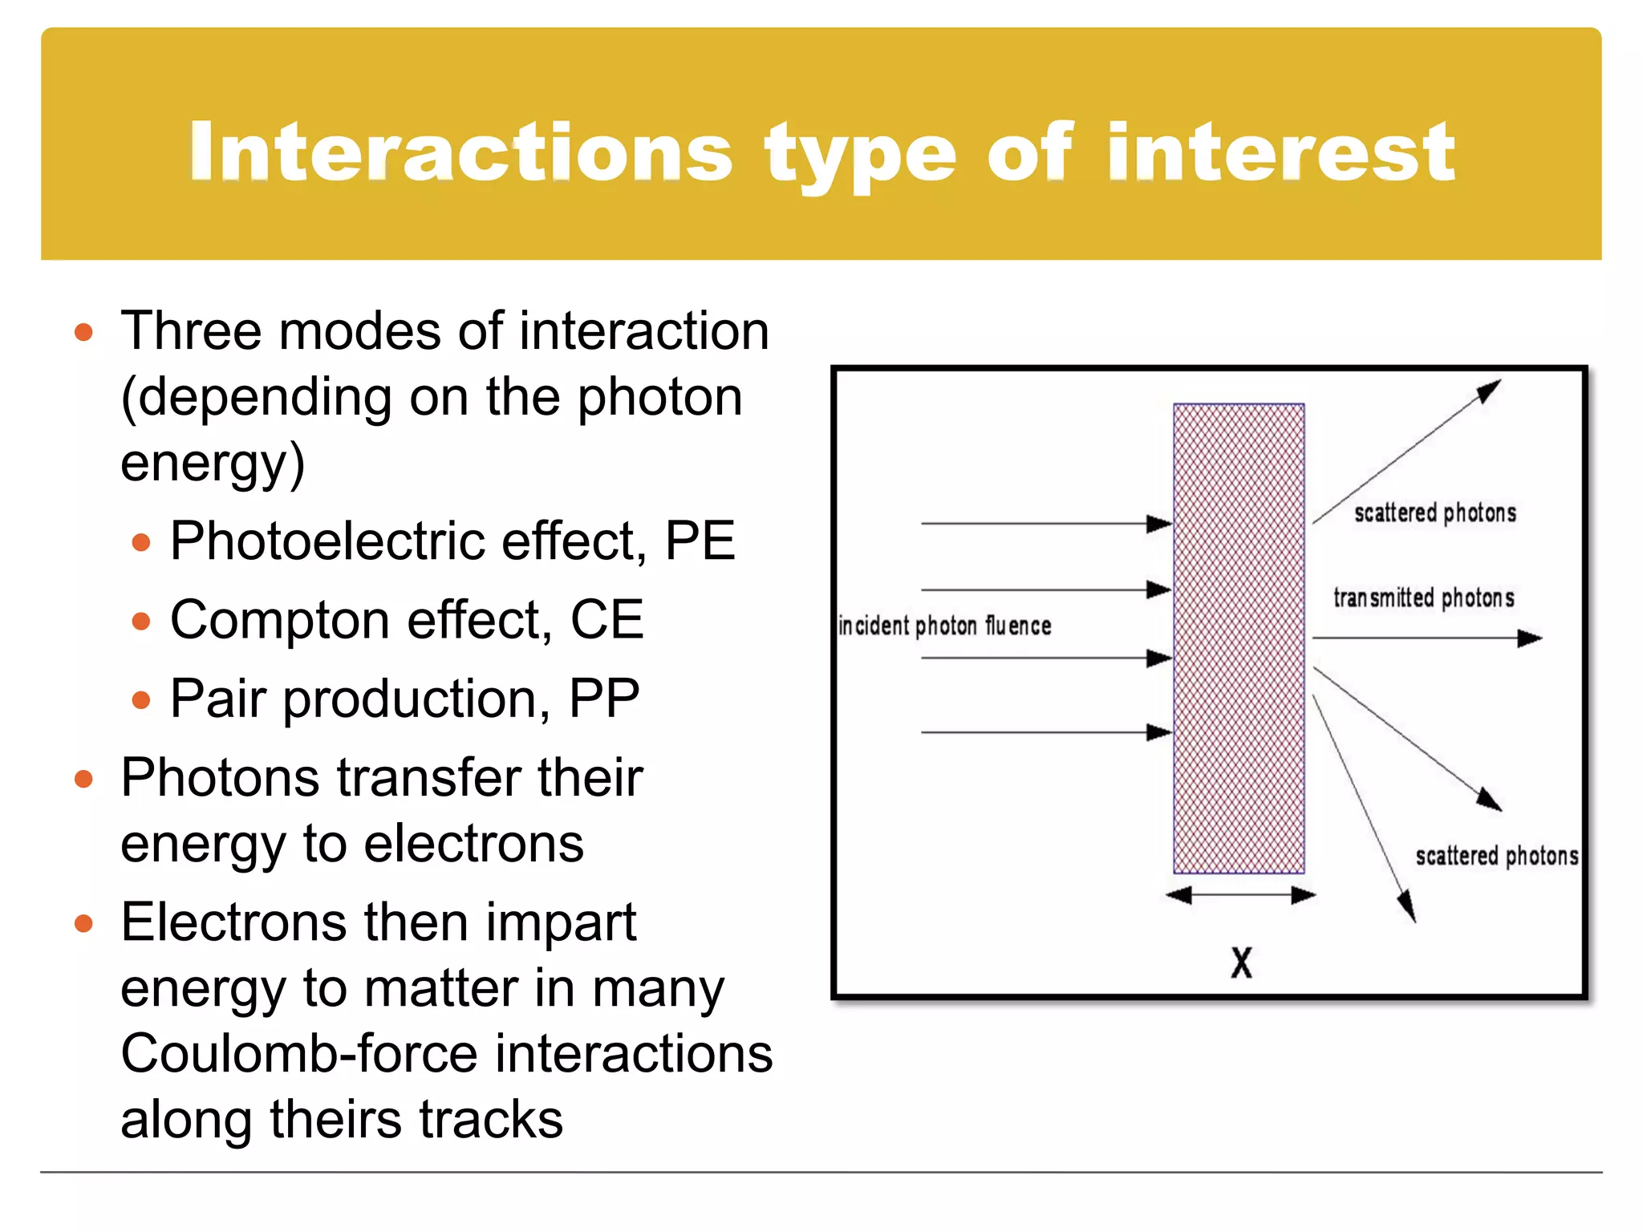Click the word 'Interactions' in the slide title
(x=461, y=152)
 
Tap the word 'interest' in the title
(x=1280, y=152)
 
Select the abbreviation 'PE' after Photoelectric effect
(x=700, y=541)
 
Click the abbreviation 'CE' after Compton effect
(x=606, y=619)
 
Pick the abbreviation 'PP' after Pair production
(x=603, y=698)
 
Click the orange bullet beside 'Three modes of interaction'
(x=83, y=332)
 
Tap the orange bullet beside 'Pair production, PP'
(x=141, y=699)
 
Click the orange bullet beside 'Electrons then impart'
(x=83, y=923)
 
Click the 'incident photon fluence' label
(x=944, y=626)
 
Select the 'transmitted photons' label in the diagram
(x=1423, y=598)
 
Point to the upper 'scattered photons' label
(x=1434, y=513)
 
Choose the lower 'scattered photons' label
(x=1496, y=856)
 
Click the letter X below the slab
(x=1241, y=962)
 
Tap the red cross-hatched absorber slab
(x=1239, y=638)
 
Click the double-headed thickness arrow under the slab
(x=1239, y=895)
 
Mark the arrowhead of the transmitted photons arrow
(x=1531, y=638)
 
